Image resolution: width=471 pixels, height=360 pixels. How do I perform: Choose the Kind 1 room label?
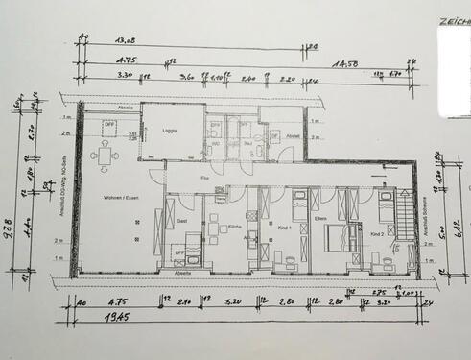tap(283, 229)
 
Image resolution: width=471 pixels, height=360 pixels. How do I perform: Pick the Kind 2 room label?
tap(376, 233)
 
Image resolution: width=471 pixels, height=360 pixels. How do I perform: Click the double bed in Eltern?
tap(335, 236)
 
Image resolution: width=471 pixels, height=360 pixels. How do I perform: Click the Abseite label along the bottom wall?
tap(182, 273)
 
